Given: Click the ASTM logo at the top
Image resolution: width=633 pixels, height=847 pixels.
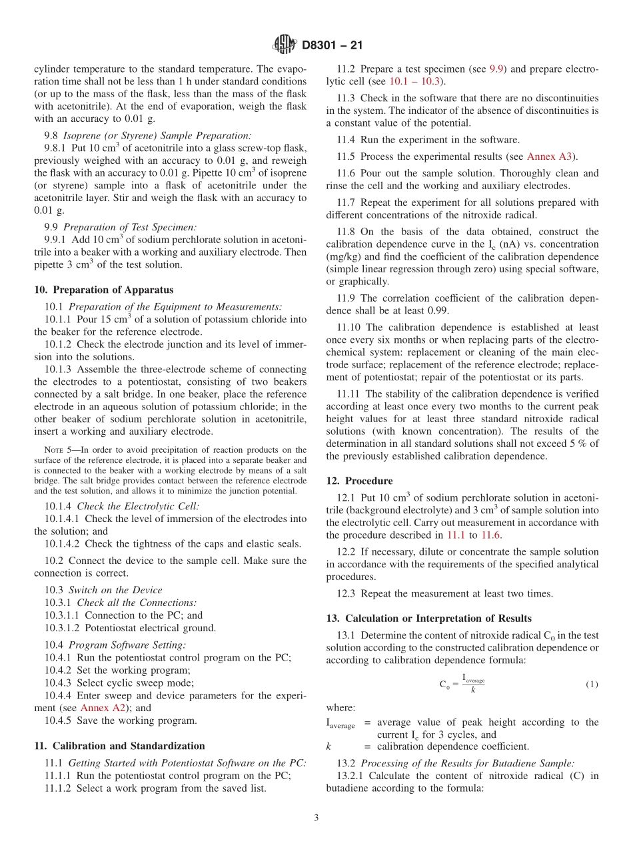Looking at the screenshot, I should (285, 45).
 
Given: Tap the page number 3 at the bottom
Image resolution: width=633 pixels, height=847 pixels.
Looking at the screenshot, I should (316, 818).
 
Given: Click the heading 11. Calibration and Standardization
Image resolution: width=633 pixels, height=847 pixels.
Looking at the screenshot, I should (119, 746).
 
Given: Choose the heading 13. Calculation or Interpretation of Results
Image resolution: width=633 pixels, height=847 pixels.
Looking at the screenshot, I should (428, 619).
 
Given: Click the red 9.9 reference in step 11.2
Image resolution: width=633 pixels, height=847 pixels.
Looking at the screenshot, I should (496, 69).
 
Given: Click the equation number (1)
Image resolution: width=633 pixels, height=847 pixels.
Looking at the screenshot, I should (592, 685).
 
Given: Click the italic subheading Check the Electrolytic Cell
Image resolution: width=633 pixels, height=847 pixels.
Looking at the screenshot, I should (138, 506).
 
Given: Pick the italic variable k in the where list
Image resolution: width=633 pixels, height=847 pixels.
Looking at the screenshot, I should (328, 746).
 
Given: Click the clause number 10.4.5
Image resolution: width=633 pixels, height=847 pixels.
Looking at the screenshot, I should (58, 720).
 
